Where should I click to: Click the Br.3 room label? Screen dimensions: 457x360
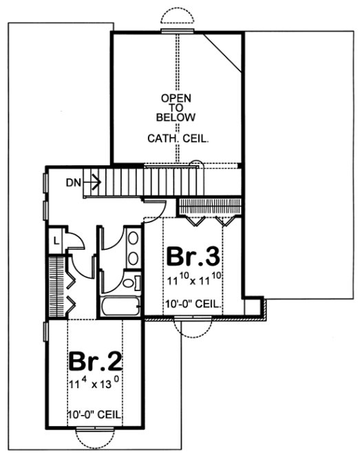(x=193, y=257)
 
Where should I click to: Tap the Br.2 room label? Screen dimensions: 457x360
(x=93, y=362)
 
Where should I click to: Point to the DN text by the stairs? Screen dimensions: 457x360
(x=75, y=182)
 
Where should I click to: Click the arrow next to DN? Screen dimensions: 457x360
(x=94, y=182)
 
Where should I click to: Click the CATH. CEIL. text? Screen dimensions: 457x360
(x=178, y=138)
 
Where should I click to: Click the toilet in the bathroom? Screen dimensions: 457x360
(x=131, y=284)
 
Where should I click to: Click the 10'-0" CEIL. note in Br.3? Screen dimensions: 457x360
(x=193, y=303)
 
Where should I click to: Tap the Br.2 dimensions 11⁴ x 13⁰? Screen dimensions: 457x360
(x=95, y=382)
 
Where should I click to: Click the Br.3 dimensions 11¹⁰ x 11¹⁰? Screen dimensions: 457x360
(x=193, y=280)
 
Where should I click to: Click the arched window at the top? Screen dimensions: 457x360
(x=178, y=21)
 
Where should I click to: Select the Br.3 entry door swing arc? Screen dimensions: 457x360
(x=153, y=206)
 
